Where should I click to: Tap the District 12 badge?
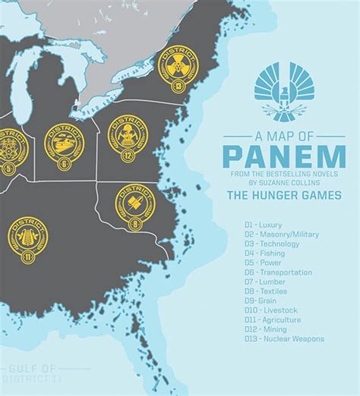point(127,134)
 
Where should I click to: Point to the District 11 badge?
point(27,240)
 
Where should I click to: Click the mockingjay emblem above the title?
point(283,93)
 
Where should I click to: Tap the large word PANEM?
point(283,156)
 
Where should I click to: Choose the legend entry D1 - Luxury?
point(263,225)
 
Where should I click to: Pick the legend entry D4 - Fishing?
point(263,253)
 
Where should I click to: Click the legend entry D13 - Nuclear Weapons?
point(283,339)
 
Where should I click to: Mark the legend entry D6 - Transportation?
point(277,272)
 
